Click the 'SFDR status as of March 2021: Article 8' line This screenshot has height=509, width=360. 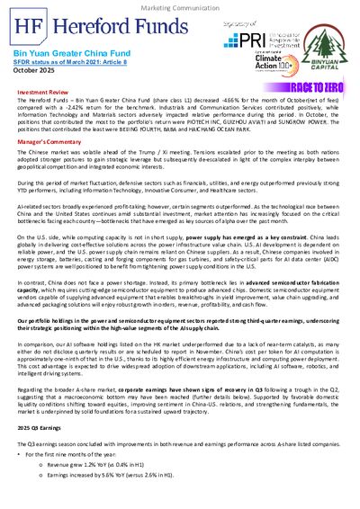60,63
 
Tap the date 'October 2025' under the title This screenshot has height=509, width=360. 35,72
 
